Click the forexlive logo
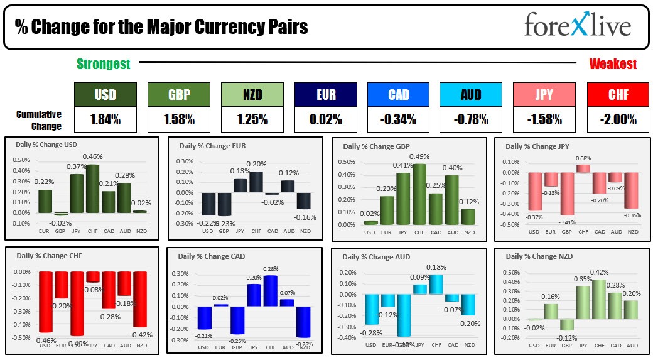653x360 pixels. [577, 27]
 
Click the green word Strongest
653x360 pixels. [104, 64]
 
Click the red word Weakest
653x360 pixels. [613, 64]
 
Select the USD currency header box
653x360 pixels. [105, 95]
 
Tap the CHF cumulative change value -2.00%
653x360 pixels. [618, 119]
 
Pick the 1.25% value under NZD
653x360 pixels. [252, 119]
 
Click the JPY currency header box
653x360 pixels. [544, 95]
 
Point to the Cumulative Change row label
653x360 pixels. [39, 120]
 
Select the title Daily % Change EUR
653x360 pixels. [213, 146]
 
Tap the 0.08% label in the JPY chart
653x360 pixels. [583, 159]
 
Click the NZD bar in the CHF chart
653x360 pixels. [139, 298]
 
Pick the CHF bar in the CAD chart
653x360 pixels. [271, 290]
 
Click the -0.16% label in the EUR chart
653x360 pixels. [305, 217]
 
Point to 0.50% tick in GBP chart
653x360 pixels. [347, 161]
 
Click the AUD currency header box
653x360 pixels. [471, 95]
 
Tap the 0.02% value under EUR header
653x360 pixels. [325, 119]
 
